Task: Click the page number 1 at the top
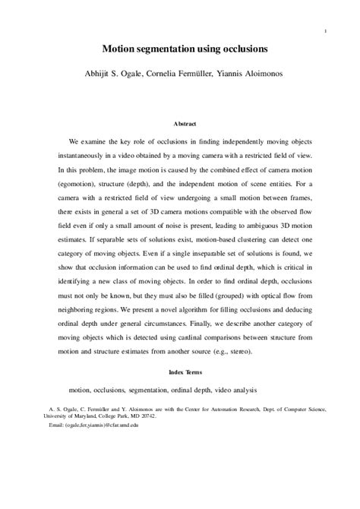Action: pos(325,31)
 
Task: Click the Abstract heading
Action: pos(186,122)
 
